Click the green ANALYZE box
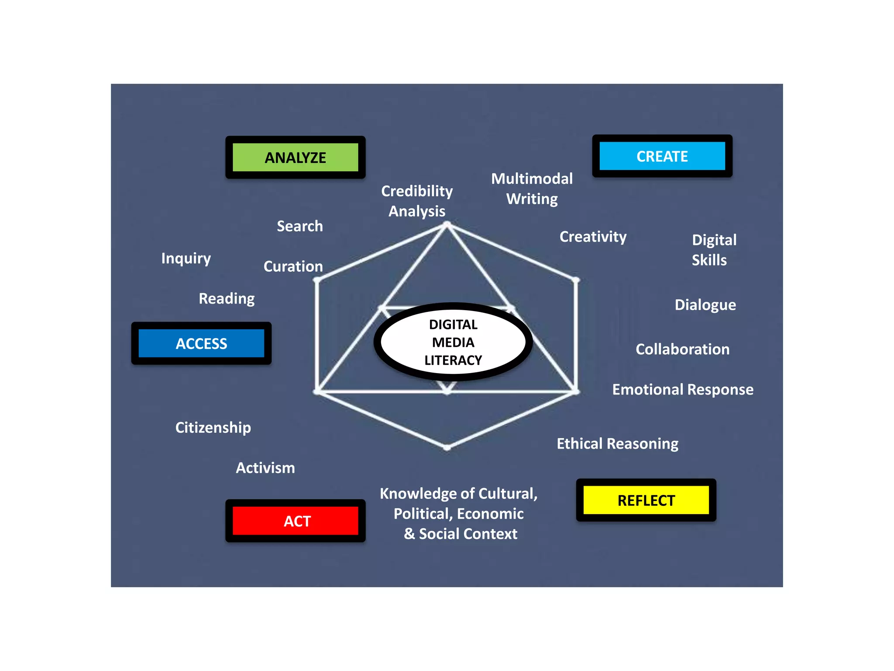[x=296, y=157]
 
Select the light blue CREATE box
[x=662, y=156]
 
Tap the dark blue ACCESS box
[x=201, y=343]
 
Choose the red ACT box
[x=296, y=521]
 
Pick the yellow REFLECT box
[x=646, y=500]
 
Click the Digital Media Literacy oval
[x=453, y=342]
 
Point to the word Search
[x=300, y=226]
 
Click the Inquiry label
[x=186, y=259]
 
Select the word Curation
[x=293, y=266]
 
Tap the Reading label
[x=227, y=299]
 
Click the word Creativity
[x=593, y=237]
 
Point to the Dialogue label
[x=705, y=305]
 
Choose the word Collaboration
[x=682, y=349]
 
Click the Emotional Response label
[x=683, y=390]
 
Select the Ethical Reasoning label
[x=617, y=444]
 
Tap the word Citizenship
[x=213, y=428]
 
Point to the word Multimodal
[x=532, y=179]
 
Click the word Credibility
[x=417, y=191]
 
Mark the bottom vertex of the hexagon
[x=447, y=447]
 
